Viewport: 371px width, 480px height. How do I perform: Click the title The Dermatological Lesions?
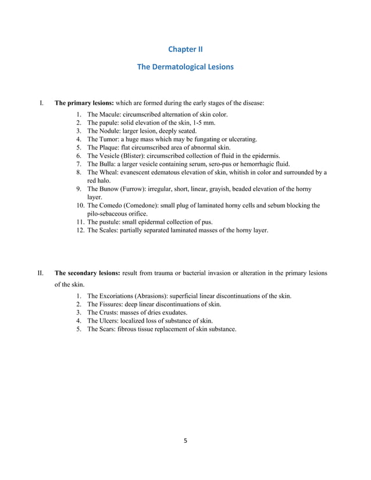[x=185, y=67]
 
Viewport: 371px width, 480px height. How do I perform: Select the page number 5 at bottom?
[x=185, y=440]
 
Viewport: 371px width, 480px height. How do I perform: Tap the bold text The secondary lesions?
[x=87, y=273]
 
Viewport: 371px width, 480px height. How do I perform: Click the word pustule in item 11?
[x=111, y=222]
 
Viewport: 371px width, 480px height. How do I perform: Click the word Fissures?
[x=114, y=305]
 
